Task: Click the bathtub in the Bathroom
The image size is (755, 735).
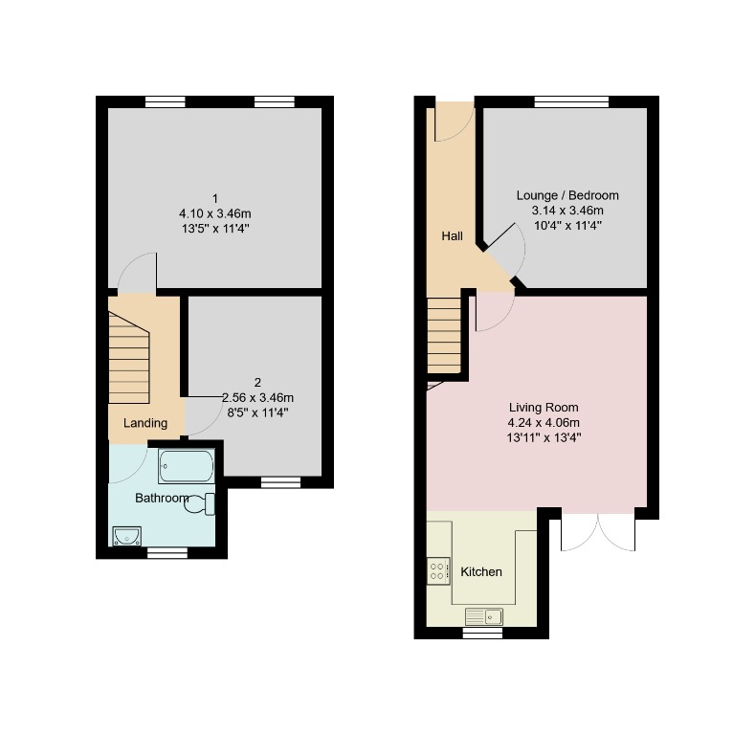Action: pos(188,467)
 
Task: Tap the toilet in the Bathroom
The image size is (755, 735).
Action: pos(202,503)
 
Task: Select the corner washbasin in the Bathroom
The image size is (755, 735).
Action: pos(125,536)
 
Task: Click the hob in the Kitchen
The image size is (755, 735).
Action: pos(438,571)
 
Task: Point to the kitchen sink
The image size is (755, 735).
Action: pos(484,615)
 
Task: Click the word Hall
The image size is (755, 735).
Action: pos(452,235)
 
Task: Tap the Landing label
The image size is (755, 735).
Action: pos(145,423)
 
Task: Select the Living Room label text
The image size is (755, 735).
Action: pos(544,407)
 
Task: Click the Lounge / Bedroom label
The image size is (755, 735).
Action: pos(567,194)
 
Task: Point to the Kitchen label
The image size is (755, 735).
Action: pos(481,572)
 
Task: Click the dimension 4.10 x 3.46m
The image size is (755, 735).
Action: pos(215,213)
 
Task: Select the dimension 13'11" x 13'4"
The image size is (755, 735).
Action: pos(544,437)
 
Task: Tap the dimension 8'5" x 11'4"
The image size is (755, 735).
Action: pos(256,413)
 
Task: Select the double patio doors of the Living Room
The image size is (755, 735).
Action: pos(597,531)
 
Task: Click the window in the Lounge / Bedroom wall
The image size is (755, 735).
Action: pos(570,100)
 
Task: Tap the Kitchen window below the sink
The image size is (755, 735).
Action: pos(483,633)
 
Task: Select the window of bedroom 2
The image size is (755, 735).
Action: pos(280,482)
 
